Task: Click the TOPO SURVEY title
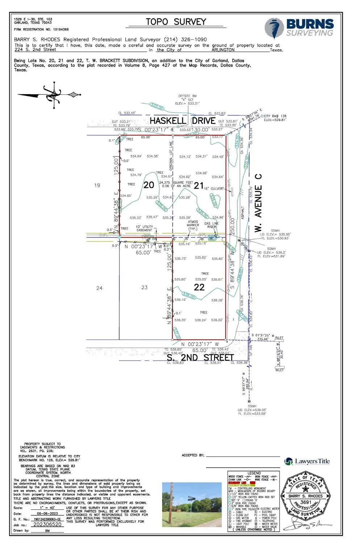tap(176, 22)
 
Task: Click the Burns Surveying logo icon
tap(275, 28)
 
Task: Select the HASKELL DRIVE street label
tap(183, 121)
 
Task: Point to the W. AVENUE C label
tap(258, 203)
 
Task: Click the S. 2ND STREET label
tap(200, 358)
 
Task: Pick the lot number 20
tap(149, 185)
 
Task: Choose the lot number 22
tap(199, 287)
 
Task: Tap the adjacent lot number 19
tap(97, 185)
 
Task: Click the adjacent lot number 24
tap(99, 288)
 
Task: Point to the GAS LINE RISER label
tap(212, 225)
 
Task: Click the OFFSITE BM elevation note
tap(187, 100)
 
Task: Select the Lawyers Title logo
tap(307, 462)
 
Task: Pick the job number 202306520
tap(47, 525)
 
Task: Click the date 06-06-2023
tap(47, 514)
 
